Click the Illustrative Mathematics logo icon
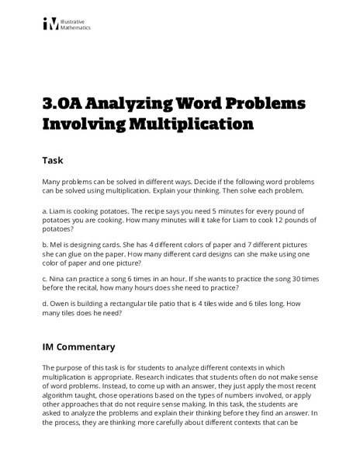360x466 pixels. (50, 23)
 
